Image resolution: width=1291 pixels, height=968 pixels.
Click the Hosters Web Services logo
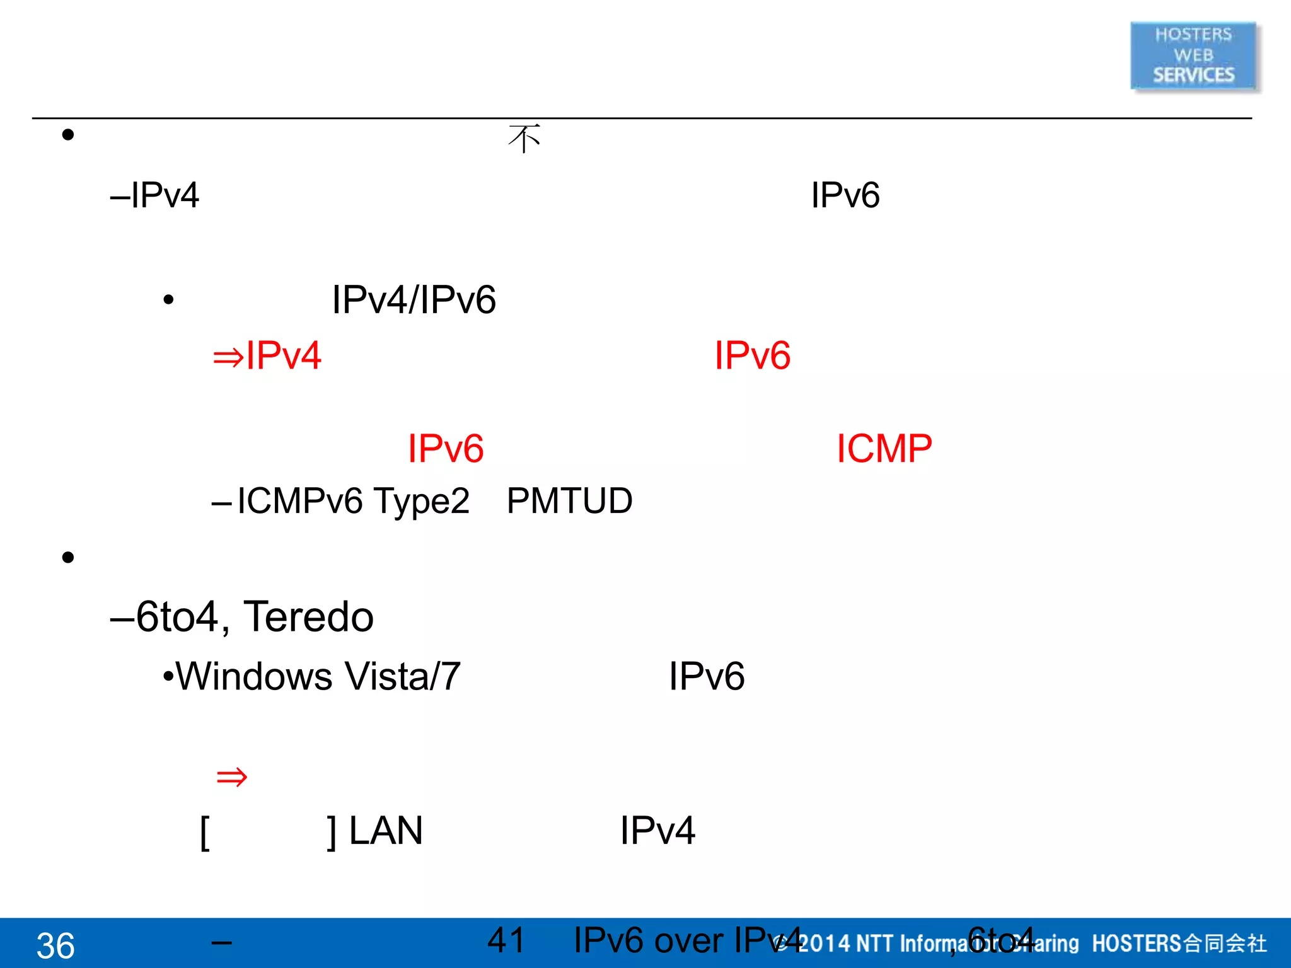pos(1193,55)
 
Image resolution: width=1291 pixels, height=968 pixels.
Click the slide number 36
pos(55,945)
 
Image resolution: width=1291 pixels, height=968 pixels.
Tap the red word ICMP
pos(884,449)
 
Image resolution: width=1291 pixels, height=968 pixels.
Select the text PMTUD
pos(569,502)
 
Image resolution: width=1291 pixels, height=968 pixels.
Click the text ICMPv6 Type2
pos(353,502)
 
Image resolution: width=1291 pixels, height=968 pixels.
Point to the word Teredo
pos(308,616)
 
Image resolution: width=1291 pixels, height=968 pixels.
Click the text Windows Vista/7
pos(318,677)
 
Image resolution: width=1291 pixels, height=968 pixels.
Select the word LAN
pos(385,831)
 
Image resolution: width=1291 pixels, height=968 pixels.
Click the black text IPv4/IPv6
pos(414,300)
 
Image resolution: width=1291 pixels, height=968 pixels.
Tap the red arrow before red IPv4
pos(228,357)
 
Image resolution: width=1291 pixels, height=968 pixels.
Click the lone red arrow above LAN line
pos(231,777)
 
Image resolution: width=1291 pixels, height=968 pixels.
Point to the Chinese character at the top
pos(524,139)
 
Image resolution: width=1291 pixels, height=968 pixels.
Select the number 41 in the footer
pos(506,940)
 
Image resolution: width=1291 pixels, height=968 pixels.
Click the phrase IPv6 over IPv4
pos(687,940)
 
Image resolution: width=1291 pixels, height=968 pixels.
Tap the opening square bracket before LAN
pos(205,832)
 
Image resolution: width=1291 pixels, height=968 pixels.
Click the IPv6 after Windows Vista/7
pos(707,677)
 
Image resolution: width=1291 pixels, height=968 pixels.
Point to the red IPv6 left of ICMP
pos(446,449)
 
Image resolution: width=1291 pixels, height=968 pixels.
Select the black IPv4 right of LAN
pos(657,831)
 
